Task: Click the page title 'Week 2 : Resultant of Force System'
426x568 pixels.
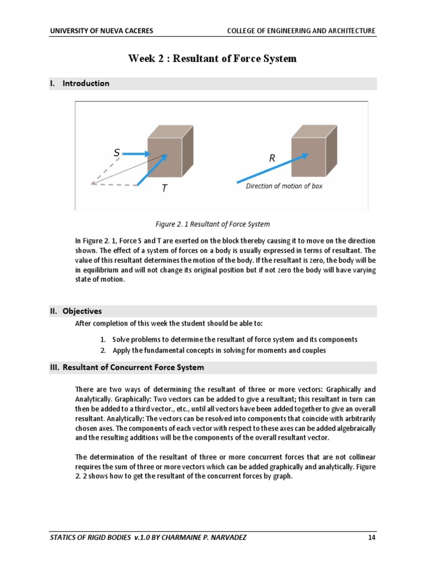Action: click(x=212, y=58)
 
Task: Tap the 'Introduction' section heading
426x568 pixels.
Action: click(x=85, y=83)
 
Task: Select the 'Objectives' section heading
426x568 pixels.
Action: click(x=82, y=311)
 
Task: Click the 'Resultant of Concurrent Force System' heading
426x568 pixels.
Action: click(x=133, y=367)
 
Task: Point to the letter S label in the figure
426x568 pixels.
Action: click(x=116, y=152)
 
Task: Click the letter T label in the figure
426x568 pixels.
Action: click(x=164, y=189)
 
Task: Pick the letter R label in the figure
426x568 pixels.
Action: click(x=272, y=158)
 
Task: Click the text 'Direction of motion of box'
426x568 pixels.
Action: click(x=283, y=186)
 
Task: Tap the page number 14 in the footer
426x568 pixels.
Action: click(x=372, y=538)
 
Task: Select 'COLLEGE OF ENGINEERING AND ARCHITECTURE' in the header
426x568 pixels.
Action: click(x=301, y=31)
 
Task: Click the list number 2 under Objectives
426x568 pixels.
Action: click(x=103, y=350)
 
